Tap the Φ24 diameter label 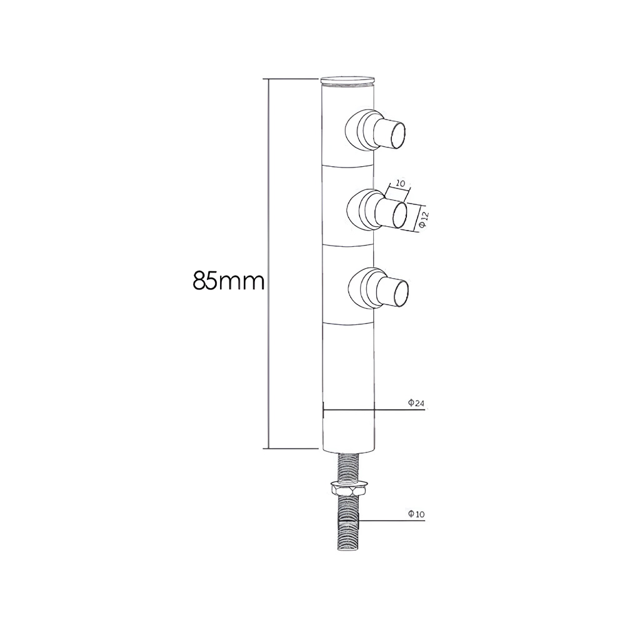(416, 403)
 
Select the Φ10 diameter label (416, 514)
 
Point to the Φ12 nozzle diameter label (423, 219)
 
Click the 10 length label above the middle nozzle (400, 184)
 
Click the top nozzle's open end (399, 135)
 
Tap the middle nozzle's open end (399, 214)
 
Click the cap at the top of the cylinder (348, 81)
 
